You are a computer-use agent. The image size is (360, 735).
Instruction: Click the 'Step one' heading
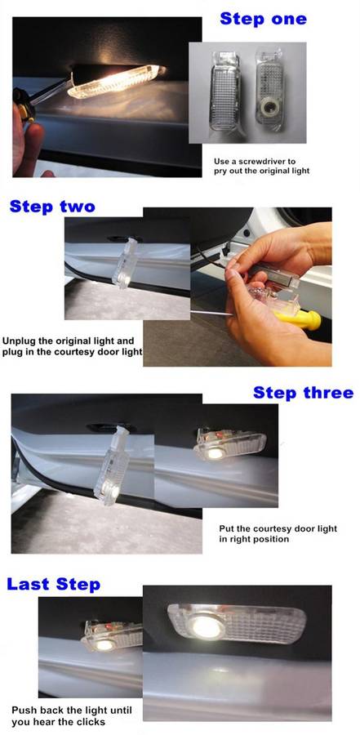pyautogui.click(x=263, y=20)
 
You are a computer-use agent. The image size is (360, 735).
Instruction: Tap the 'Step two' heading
pyautogui.click(x=52, y=207)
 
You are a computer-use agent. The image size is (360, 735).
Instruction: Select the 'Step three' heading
pyautogui.click(x=303, y=392)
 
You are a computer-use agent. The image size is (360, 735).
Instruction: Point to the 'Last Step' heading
pyautogui.click(x=53, y=584)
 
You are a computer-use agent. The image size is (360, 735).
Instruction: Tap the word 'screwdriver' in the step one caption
pyautogui.click(x=273, y=161)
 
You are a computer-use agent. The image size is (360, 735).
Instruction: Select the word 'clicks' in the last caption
pyautogui.click(x=92, y=721)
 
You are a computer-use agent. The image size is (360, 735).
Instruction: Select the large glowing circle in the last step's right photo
pyautogui.click(x=206, y=626)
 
